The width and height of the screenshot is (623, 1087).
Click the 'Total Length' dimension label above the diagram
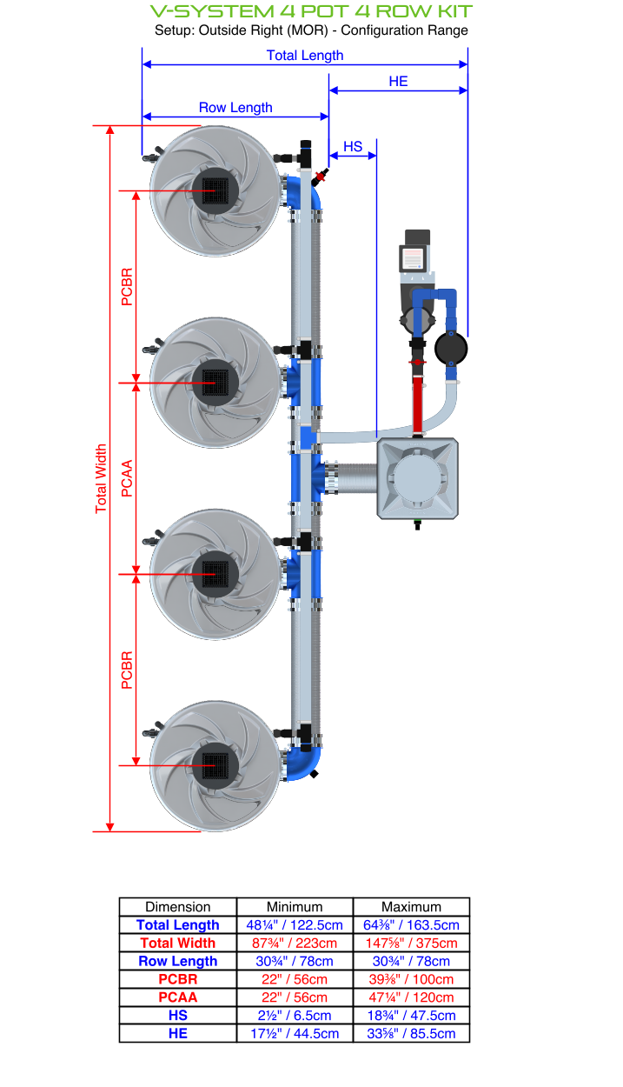point(305,56)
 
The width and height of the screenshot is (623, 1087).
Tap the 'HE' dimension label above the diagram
point(398,82)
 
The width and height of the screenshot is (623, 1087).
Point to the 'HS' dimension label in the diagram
point(353,147)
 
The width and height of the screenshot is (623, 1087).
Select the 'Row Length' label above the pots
point(235,108)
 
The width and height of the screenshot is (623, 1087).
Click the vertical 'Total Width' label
point(102,478)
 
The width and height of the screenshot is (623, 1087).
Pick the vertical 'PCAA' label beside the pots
point(128,478)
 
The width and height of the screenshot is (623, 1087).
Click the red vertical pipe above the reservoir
point(419,402)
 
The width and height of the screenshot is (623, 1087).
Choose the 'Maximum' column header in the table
point(411,907)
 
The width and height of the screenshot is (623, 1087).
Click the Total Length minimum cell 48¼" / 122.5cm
point(295,925)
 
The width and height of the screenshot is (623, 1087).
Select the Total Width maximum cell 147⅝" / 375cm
point(411,944)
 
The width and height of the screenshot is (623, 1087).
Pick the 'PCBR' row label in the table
point(177,979)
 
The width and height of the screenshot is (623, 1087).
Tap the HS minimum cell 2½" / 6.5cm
point(295,1016)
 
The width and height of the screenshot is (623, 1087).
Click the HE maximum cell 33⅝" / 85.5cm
point(411,1034)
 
